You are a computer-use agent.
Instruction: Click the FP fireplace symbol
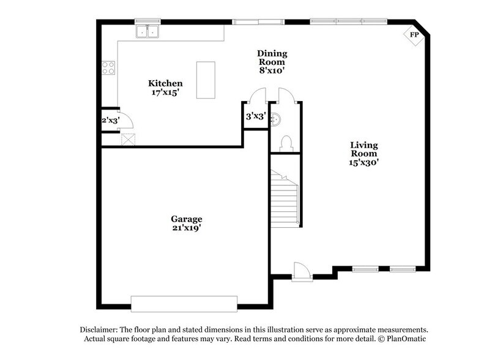point(414,35)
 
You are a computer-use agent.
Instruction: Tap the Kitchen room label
point(165,83)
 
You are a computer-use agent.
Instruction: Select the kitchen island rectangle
point(206,80)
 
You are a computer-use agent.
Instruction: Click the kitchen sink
point(147,31)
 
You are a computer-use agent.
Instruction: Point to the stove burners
point(108,68)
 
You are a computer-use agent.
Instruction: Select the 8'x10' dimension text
point(272,71)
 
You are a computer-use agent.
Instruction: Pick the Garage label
point(187,219)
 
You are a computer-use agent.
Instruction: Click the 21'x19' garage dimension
point(187,228)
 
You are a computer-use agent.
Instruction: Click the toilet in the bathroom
point(285,144)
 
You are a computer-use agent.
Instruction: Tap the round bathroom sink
point(277,119)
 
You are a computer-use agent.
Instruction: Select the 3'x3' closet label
point(255,116)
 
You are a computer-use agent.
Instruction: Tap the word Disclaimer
point(100,329)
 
